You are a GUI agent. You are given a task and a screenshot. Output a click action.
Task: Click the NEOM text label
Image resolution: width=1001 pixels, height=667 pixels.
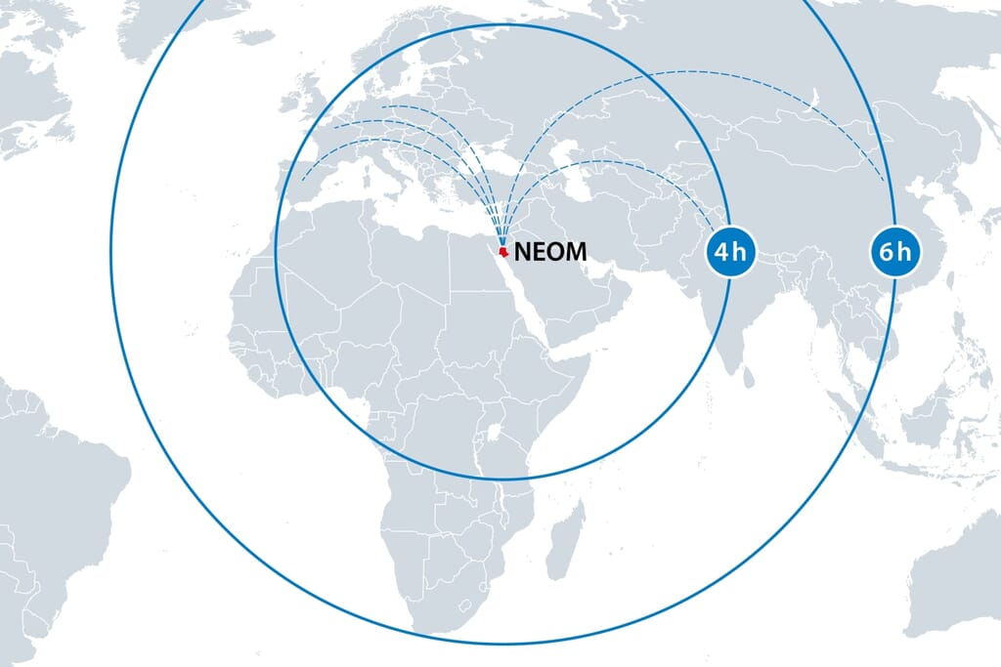click(x=550, y=251)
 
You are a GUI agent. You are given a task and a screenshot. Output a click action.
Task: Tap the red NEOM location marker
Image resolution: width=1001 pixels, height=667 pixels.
click(x=502, y=252)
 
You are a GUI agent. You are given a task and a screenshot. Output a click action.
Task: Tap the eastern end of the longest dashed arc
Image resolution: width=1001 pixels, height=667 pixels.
click(x=885, y=183)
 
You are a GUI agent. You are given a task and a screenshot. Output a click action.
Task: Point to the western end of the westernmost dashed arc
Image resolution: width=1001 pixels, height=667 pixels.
click(x=302, y=181)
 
